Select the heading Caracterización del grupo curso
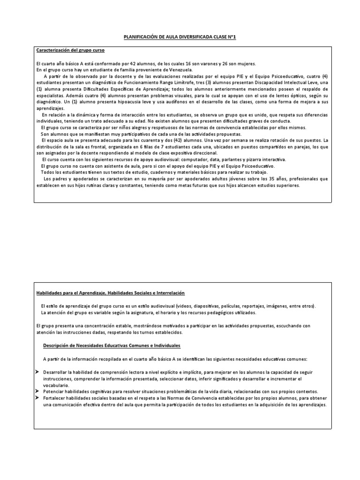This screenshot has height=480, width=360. click(70, 50)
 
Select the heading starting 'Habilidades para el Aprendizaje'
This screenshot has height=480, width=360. click(111, 293)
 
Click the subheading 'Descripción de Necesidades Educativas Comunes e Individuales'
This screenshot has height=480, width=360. click(112, 345)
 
